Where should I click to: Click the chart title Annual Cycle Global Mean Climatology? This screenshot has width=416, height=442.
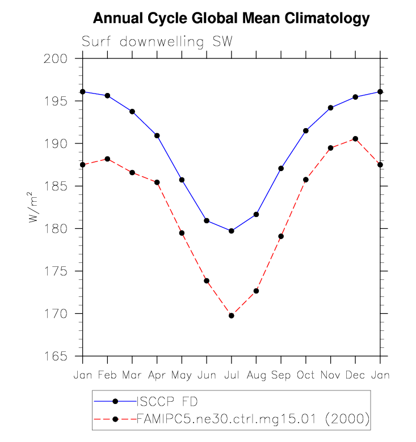[231, 19]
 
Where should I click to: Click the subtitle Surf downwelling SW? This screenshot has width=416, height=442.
[157, 42]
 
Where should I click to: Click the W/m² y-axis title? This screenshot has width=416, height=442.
[34, 207]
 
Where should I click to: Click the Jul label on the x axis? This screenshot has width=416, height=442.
[231, 375]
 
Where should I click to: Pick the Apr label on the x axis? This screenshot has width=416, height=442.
[157, 375]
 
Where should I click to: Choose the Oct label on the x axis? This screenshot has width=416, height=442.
[305, 375]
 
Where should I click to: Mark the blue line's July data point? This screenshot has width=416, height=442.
[231, 231]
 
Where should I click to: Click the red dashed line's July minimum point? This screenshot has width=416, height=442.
[231, 315]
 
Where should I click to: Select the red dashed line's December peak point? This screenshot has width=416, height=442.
[355, 139]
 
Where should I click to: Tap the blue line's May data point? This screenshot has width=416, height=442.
[182, 180]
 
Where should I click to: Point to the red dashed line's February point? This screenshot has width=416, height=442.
[107, 159]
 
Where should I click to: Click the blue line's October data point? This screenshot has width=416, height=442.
[305, 131]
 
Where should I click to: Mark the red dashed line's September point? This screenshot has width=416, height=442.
[281, 236]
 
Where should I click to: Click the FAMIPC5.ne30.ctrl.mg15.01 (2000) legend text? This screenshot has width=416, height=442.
[254, 419]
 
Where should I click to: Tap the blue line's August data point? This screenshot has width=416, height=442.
[256, 214]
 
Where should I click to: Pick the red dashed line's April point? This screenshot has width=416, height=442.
[157, 182]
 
